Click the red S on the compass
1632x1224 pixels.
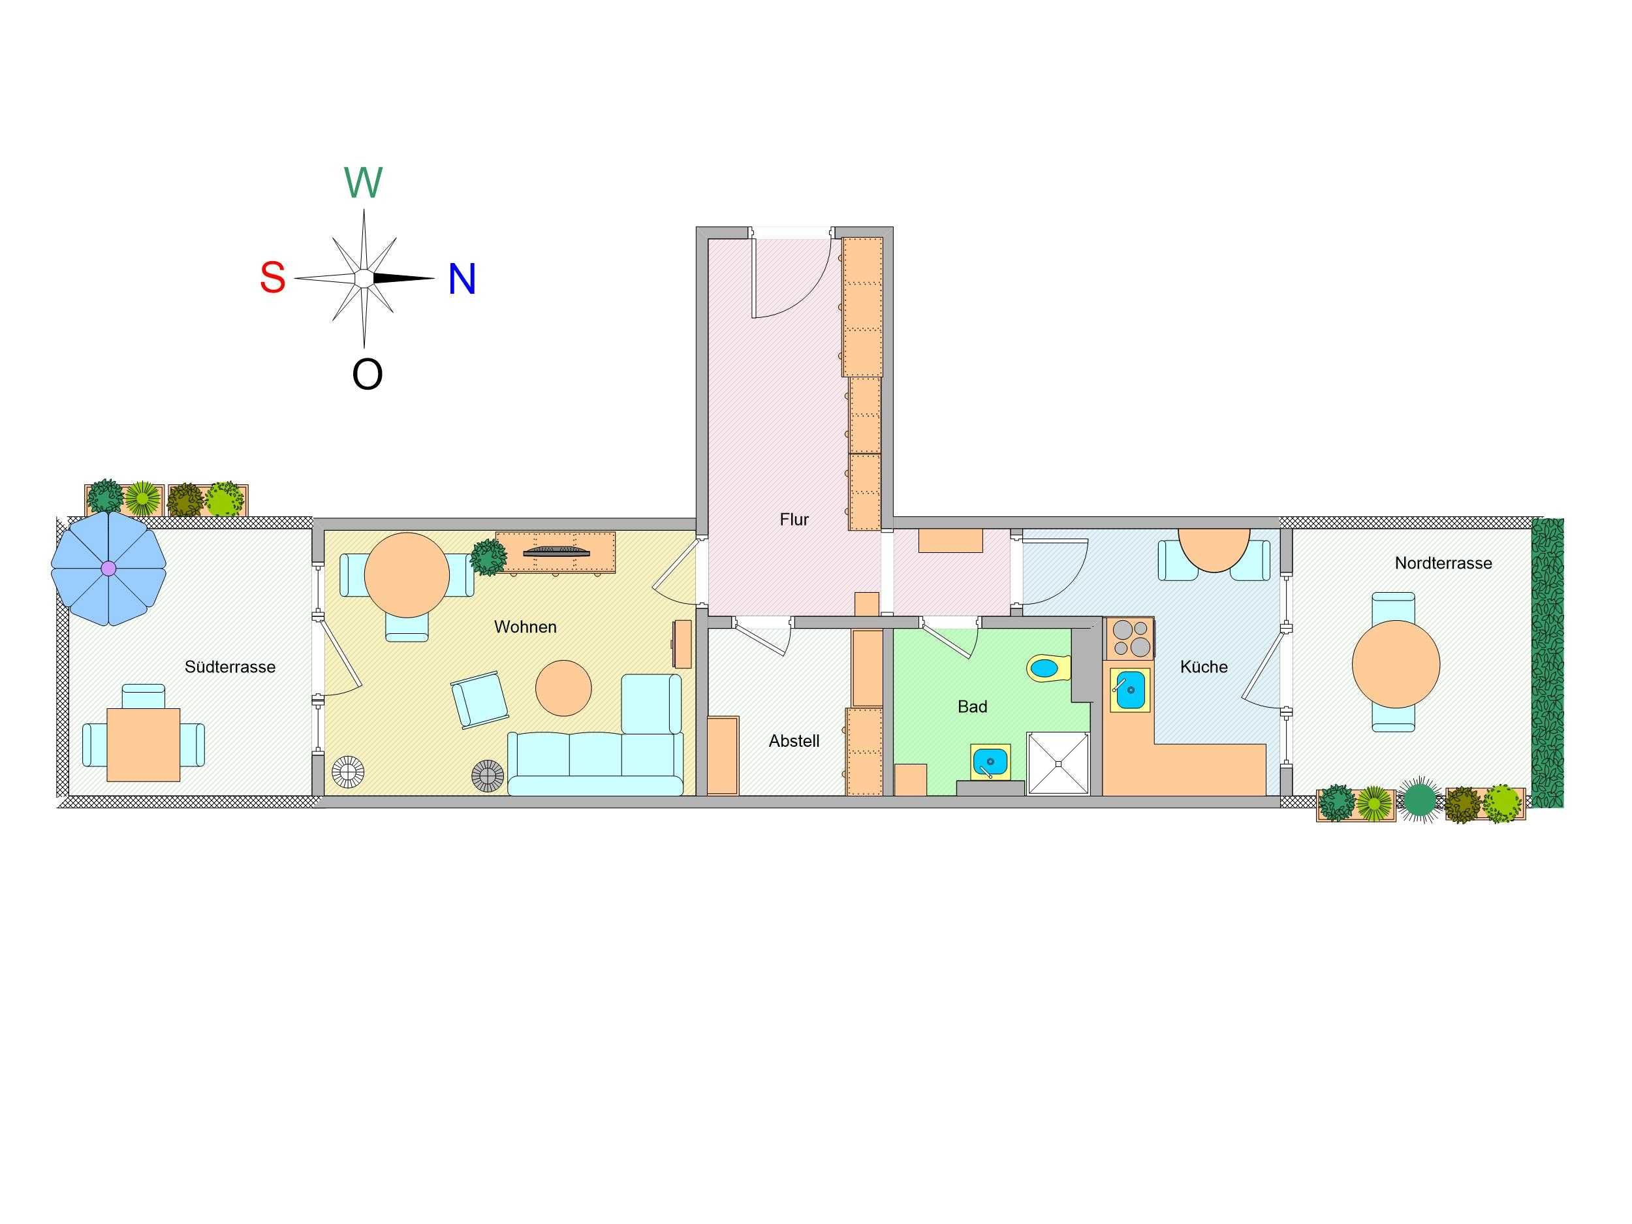272,278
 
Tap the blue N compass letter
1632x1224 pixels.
462,279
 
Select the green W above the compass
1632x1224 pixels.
363,182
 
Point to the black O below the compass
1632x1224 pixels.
367,375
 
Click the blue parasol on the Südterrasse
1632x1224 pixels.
108,568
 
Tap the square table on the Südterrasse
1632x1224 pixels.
143,744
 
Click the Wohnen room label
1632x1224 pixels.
526,627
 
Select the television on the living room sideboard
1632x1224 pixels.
556,550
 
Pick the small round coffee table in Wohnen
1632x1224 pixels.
563,687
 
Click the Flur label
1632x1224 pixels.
794,520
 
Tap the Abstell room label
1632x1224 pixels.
794,741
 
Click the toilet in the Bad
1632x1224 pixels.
1048,668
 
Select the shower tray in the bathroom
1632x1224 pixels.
1058,764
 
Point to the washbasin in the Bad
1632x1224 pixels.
990,761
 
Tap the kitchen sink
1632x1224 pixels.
1130,690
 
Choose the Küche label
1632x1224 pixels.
1203,667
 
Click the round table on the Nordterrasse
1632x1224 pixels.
1396,664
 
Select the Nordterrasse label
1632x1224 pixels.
1443,563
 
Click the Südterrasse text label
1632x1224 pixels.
230,667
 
